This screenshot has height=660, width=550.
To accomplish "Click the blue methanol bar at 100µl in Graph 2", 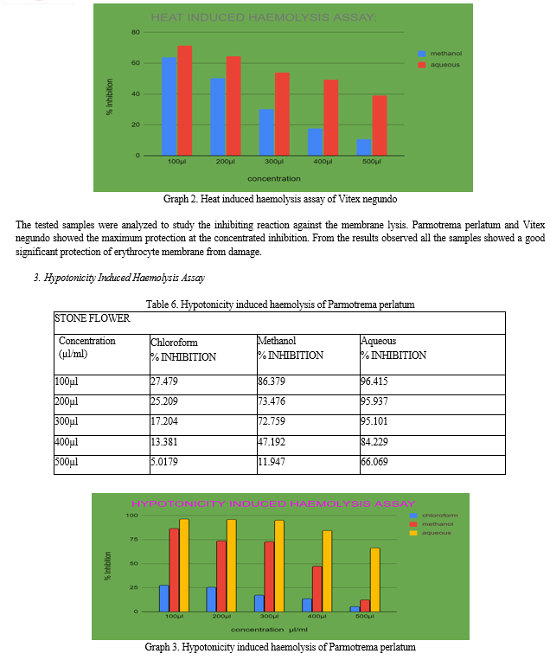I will [169, 106].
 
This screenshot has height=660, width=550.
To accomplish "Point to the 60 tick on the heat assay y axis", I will [135, 63].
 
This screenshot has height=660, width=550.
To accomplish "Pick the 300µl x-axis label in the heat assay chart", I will [274, 162].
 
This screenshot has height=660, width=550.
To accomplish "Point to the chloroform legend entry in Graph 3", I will [438, 516].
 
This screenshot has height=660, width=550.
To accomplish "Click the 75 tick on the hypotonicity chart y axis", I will [133, 540].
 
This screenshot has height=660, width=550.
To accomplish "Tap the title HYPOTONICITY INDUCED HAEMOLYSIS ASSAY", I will [273, 503].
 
